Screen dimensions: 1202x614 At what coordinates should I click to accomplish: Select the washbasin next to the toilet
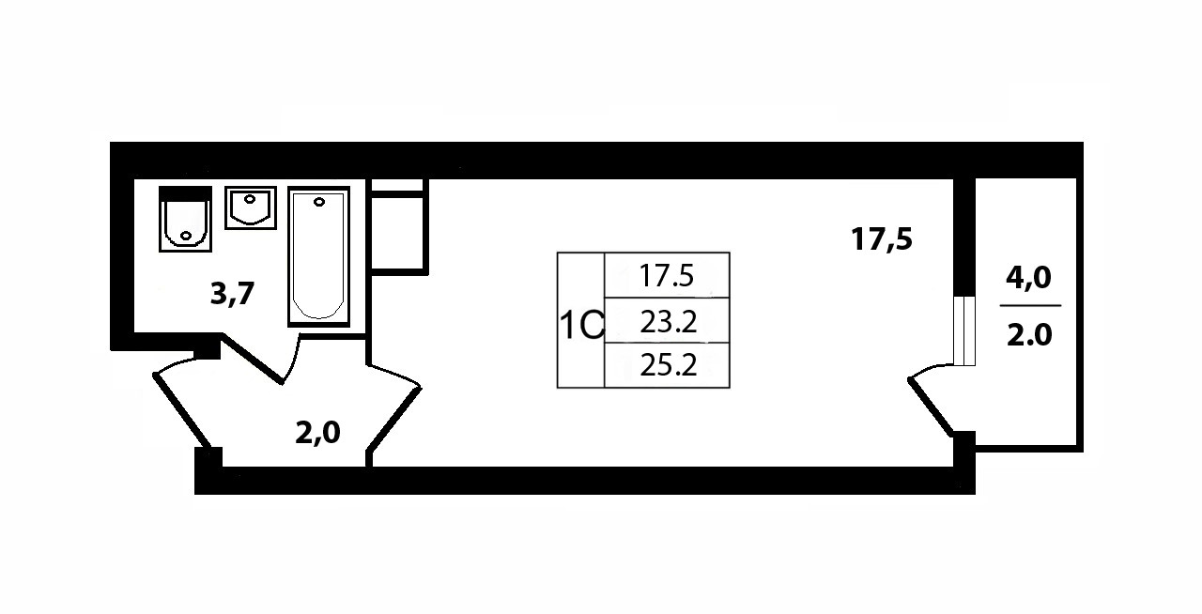click(x=251, y=207)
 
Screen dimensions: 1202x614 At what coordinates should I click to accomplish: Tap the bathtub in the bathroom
click(x=319, y=256)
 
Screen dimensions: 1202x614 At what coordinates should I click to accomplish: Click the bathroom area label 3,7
click(x=233, y=295)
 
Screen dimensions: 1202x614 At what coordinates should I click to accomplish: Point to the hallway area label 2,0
click(x=317, y=433)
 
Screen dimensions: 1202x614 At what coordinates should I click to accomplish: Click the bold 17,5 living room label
click(x=882, y=238)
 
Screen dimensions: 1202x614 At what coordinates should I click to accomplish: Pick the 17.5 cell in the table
click(x=667, y=275)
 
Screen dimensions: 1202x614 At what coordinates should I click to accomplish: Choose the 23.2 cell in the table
click(x=667, y=322)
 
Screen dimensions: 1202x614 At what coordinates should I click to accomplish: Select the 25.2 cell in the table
click(x=667, y=365)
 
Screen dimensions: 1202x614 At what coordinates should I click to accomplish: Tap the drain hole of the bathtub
click(x=319, y=201)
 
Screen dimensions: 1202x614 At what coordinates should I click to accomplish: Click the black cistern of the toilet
click(x=185, y=193)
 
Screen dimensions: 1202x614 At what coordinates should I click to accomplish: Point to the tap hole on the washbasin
click(x=250, y=197)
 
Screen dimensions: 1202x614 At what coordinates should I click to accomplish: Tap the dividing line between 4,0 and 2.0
click(x=1030, y=306)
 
